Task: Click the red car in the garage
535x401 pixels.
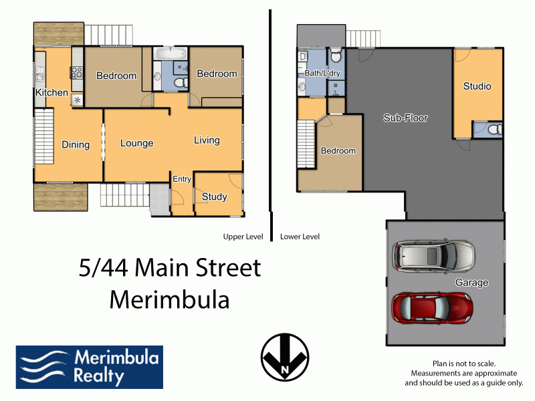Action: click(432, 308)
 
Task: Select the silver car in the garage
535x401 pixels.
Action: click(433, 255)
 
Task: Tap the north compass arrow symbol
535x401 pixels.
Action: click(285, 357)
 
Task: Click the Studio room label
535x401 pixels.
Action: click(477, 86)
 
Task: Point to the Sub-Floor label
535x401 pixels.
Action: click(405, 118)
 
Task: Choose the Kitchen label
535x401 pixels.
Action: click(52, 92)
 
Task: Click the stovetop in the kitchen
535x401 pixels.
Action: click(77, 72)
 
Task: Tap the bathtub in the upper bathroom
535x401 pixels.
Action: click(170, 53)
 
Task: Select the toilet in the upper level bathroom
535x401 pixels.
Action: click(181, 82)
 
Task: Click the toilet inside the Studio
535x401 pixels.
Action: click(495, 130)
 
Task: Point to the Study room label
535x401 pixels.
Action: click(214, 196)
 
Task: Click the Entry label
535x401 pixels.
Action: click(181, 179)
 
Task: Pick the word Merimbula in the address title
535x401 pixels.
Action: click(169, 299)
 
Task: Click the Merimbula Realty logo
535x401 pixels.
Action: click(90, 367)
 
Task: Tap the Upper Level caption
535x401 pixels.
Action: click(243, 237)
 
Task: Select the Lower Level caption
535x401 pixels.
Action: click(300, 237)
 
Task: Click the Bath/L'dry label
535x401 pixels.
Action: click(322, 73)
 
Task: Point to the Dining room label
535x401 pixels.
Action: click(76, 144)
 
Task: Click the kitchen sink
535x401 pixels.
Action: click(40, 74)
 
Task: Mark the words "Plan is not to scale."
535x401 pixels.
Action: click(464, 364)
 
